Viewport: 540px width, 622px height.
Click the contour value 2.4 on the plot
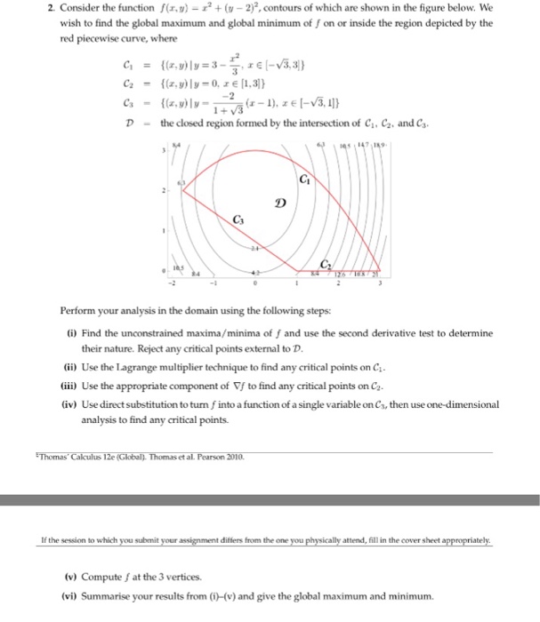tap(254, 248)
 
